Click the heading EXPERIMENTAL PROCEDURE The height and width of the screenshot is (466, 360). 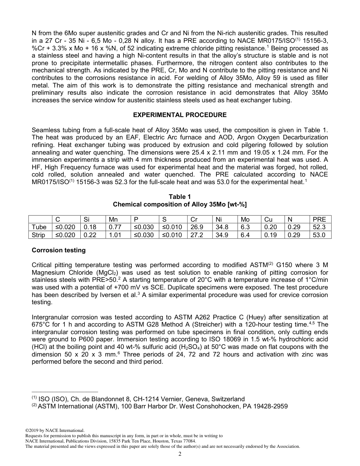[180, 115]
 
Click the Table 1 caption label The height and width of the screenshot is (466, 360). [180, 197]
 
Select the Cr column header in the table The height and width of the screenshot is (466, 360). [194, 219]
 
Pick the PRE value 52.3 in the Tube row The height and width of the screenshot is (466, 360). [319, 227]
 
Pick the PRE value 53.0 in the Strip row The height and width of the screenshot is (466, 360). [319, 235]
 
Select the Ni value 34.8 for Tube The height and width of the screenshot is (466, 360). [222, 227]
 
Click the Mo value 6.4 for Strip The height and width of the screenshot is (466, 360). [245, 235]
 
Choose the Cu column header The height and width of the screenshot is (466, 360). [268, 219]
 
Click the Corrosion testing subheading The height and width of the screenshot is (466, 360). [59, 250]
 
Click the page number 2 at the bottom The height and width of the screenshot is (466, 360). [180, 454]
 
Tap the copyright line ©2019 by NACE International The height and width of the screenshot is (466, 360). [55, 430]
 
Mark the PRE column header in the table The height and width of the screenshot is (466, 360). [319, 219]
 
